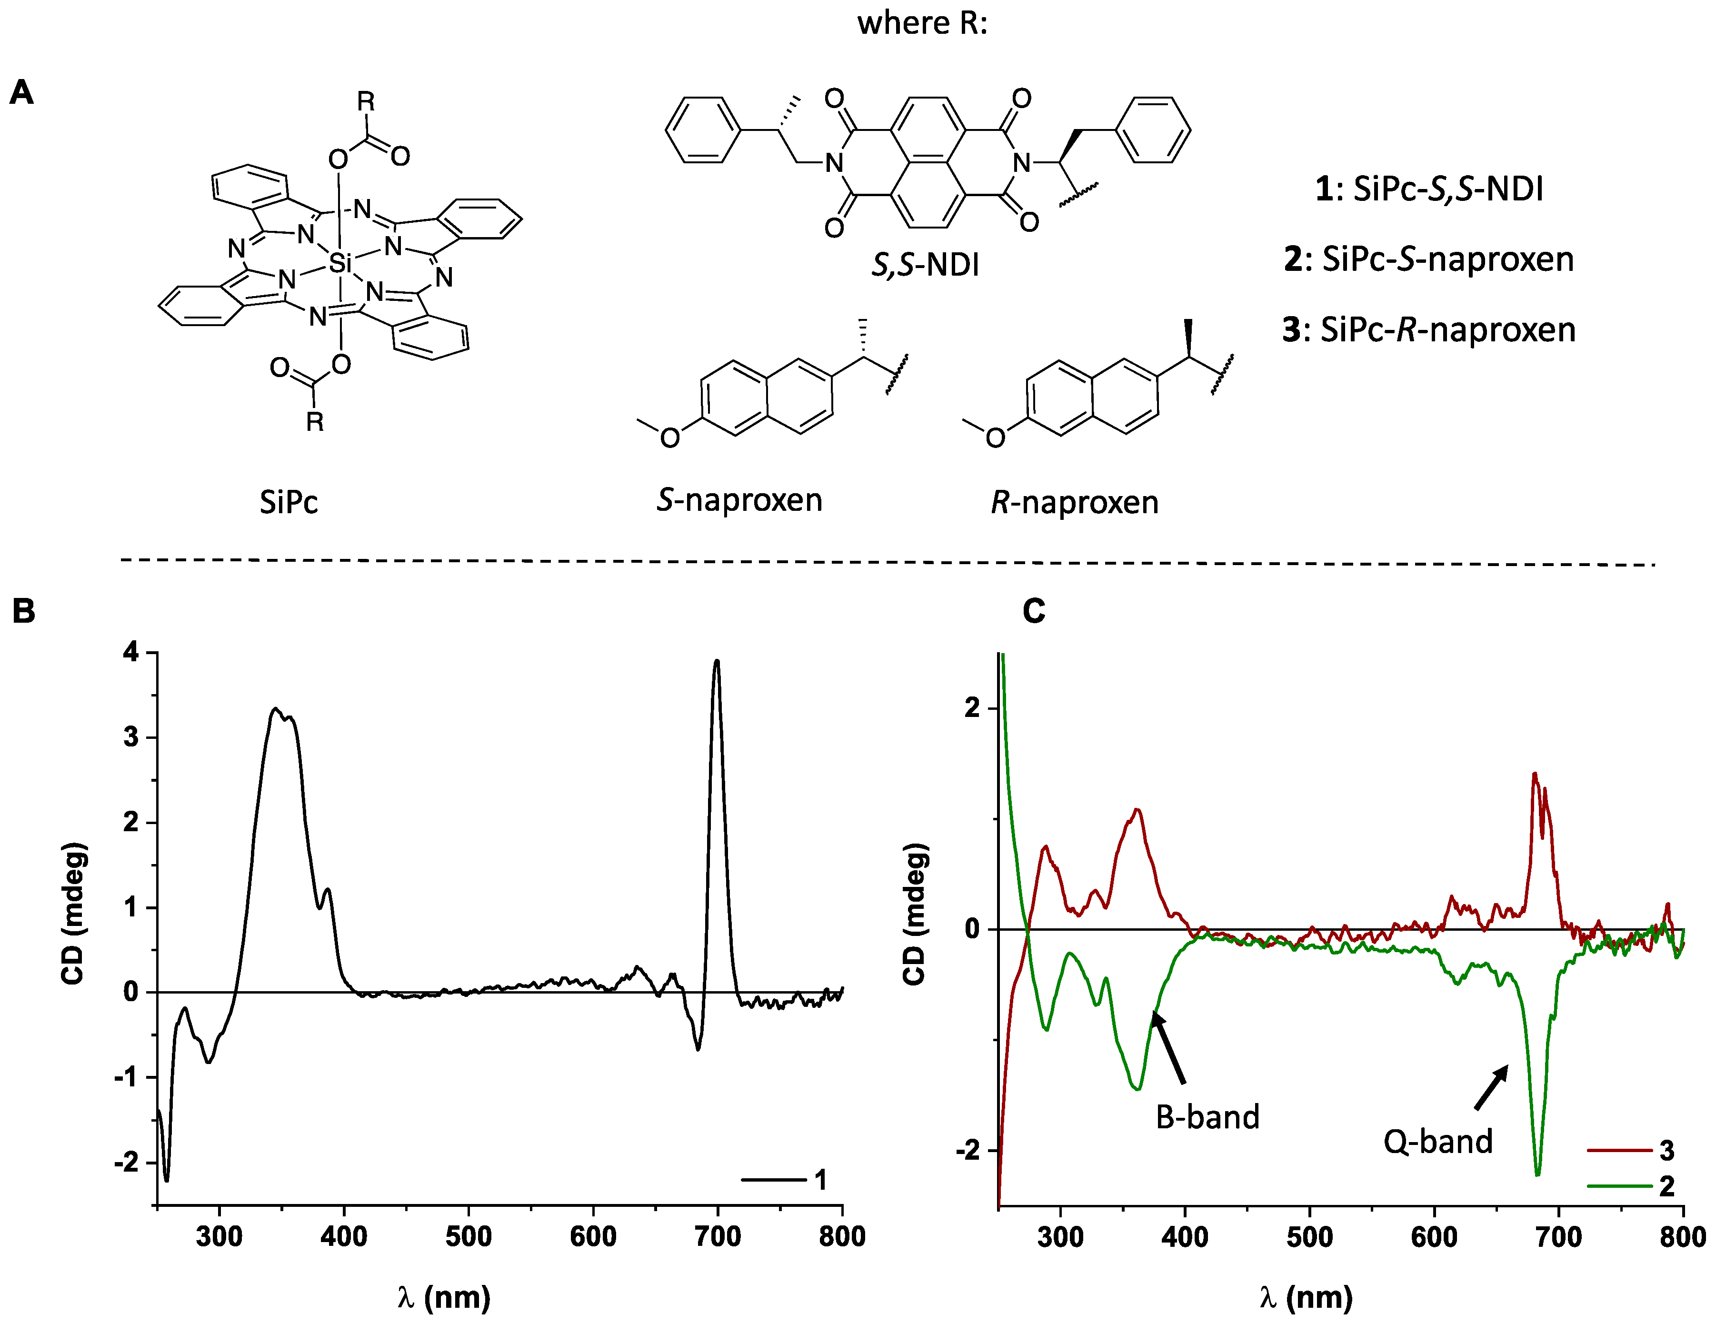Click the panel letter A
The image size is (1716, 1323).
(x=22, y=93)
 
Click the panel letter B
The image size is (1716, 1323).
(x=24, y=610)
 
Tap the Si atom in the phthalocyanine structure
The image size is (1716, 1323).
(x=339, y=264)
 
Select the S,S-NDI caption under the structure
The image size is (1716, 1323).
(x=926, y=266)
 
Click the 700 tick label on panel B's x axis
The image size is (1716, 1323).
(x=718, y=1236)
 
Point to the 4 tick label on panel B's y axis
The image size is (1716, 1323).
(x=130, y=652)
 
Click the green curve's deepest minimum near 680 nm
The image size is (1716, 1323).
(x=1537, y=1174)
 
